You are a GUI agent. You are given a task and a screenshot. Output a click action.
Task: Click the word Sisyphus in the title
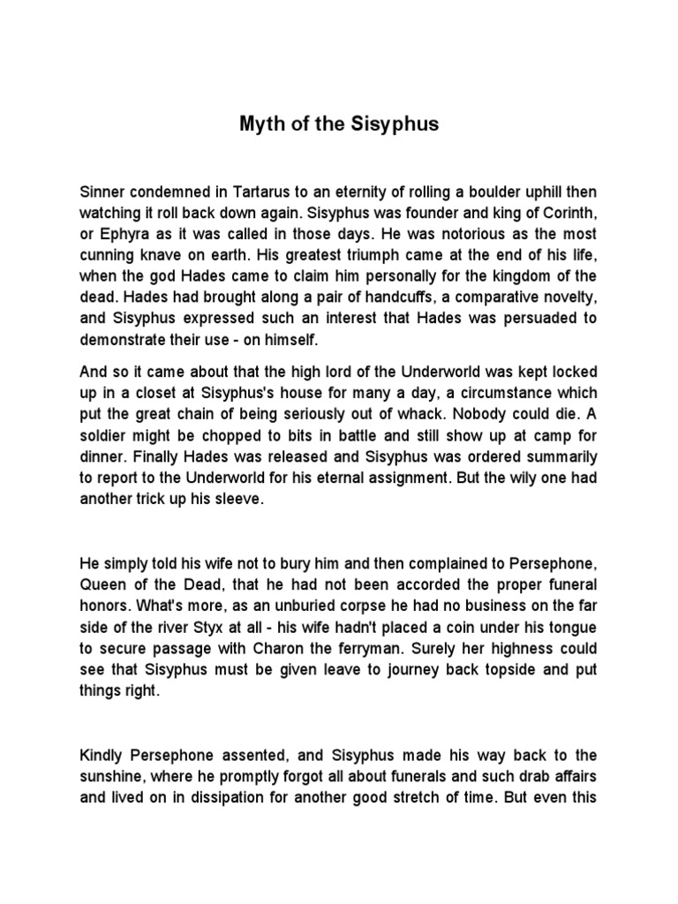[396, 124]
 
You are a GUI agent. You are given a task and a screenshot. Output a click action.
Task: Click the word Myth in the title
[260, 124]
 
